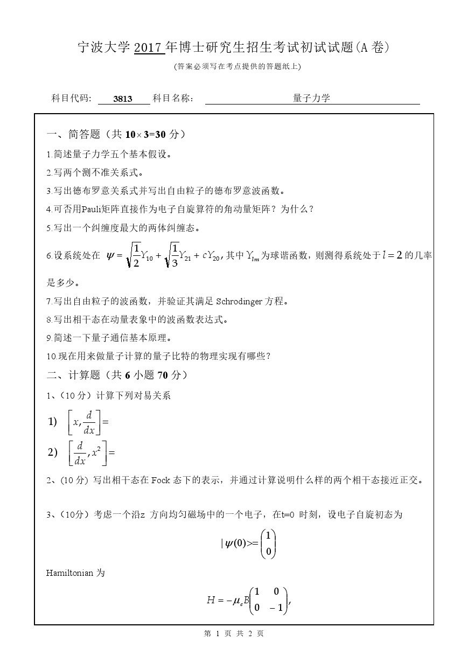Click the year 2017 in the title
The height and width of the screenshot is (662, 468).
(149, 48)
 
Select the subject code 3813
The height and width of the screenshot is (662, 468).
(123, 99)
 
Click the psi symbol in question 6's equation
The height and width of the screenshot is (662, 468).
(111, 256)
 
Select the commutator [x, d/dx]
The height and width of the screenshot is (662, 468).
(85, 422)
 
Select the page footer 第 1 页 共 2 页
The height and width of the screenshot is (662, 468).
(234, 634)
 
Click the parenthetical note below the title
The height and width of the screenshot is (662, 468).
(234, 66)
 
